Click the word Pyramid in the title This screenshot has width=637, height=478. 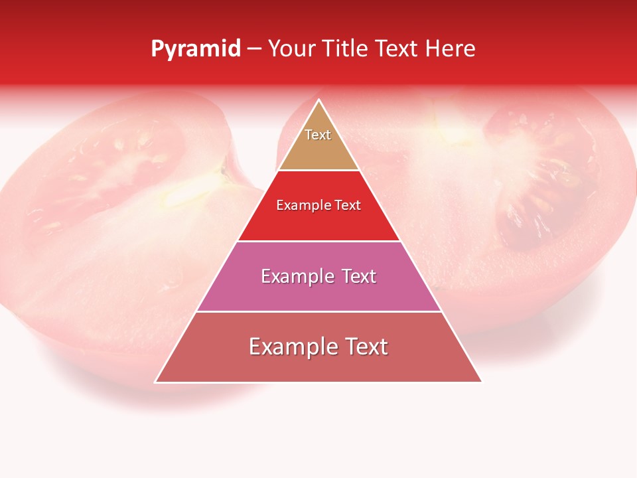195,49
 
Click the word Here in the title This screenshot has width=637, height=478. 450,48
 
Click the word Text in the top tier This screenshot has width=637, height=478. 318,135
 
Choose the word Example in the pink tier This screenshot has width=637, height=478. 296,276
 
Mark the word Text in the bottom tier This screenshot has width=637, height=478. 364,347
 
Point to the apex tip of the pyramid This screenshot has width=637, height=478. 318,101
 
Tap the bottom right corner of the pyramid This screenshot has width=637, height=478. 481,382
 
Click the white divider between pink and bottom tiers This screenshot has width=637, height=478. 318,311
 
